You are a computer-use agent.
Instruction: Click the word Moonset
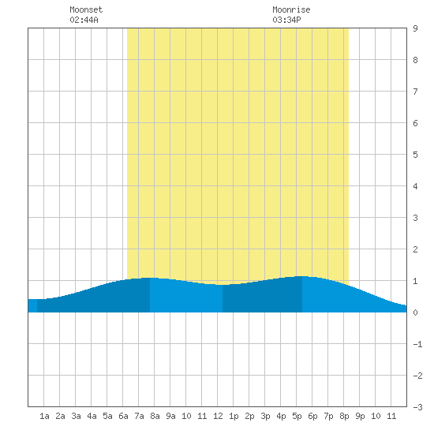pos(86,9)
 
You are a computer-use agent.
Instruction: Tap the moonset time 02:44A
pos(84,20)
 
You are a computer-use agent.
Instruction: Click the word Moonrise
pos(291,9)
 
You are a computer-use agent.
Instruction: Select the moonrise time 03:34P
pos(286,20)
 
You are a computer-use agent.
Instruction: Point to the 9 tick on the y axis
pos(415,28)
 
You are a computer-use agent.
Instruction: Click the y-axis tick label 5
pos(415,155)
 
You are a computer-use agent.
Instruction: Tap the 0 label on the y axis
pos(415,312)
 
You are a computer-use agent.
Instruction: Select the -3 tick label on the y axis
pos(417,407)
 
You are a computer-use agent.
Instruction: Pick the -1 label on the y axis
pos(417,344)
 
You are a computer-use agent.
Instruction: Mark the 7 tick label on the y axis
pos(415,92)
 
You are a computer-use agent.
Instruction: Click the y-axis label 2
pos(415,249)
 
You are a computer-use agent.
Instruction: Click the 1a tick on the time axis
pos(44,416)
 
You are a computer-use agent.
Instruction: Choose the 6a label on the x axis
pos(123,416)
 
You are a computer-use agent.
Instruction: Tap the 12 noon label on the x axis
pos(218,416)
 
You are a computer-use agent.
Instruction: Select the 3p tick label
pos(265,416)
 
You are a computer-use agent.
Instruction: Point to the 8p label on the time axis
pos(344,416)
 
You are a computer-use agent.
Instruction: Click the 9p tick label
pos(360,416)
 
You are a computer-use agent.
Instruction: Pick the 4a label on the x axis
pos(92,416)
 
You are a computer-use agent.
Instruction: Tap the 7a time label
pos(139,416)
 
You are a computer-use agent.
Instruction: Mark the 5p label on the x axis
pos(297,416)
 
